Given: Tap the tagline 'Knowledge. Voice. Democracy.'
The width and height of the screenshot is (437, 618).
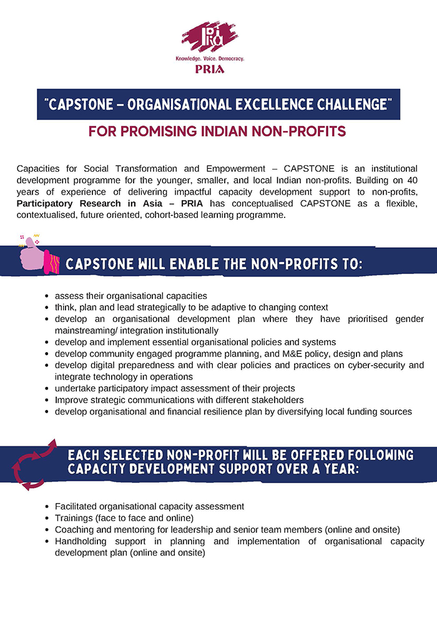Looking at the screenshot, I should pos(210,59).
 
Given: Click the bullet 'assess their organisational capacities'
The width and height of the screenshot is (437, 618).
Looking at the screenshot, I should pos(130,295).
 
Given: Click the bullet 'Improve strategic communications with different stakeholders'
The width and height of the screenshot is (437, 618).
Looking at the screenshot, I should pos(179,400).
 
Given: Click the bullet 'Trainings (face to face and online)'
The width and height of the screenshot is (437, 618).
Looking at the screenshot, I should pos(124,517).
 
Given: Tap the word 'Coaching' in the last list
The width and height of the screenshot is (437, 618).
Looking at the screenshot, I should pos(74,529).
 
